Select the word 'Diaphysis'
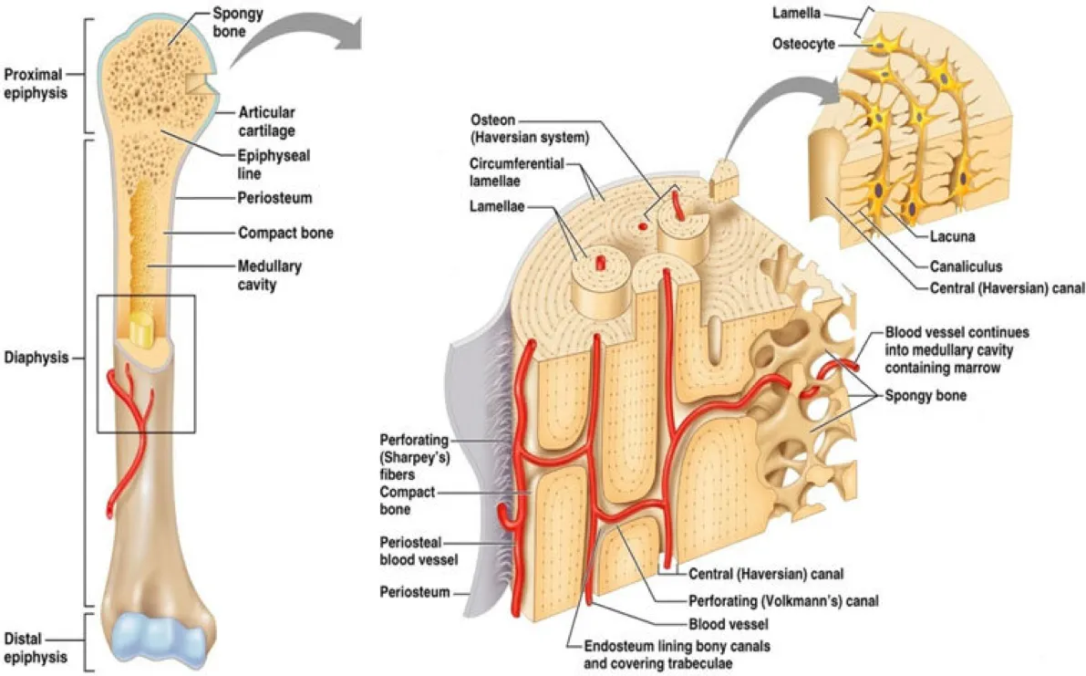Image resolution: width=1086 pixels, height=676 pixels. [36, 358]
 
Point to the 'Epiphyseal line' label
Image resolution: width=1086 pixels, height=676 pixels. [273, 164]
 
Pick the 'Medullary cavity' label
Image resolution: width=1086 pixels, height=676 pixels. [270, 276]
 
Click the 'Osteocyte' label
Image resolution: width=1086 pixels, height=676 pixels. [802, 43]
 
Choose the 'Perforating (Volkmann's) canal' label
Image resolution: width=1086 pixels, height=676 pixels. [783, 602]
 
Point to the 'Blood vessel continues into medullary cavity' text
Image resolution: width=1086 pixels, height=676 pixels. [957, 350]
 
